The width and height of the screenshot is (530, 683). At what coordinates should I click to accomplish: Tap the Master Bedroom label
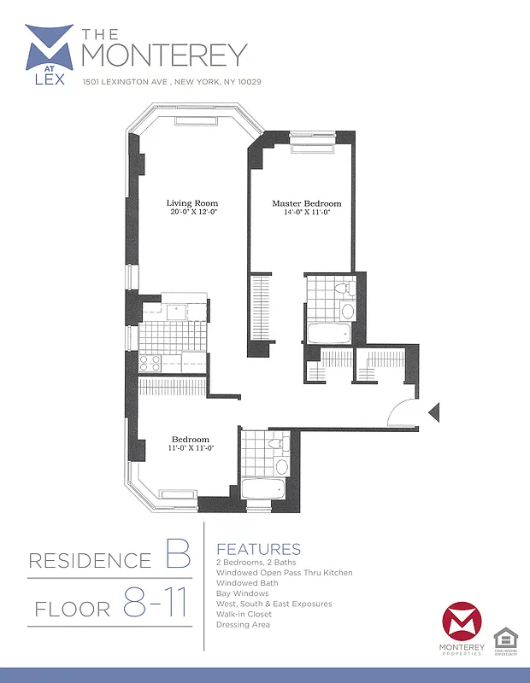306,203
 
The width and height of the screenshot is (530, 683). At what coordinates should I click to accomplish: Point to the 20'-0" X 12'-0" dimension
192,212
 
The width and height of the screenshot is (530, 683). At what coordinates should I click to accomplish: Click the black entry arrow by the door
433,413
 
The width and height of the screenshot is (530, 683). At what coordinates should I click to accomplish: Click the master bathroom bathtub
328,332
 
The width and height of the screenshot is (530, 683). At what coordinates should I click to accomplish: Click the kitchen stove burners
150,362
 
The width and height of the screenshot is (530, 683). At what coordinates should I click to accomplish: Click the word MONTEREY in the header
163,53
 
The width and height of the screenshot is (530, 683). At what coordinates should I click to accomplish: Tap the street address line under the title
171,82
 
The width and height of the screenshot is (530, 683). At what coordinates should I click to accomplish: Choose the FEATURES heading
259,549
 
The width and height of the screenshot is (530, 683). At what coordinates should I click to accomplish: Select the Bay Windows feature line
243,593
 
